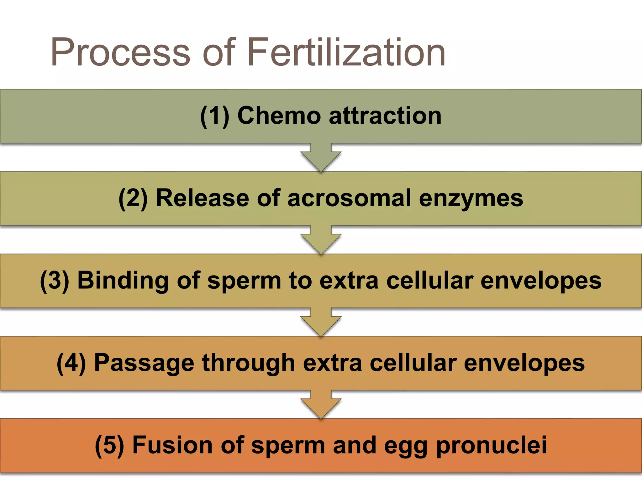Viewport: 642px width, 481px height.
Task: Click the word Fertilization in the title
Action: pos(346,52)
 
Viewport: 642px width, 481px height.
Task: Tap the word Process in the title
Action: pos(121,52)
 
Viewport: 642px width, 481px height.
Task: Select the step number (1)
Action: pos(215,116)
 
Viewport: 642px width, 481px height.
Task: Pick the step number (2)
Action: pos(133,198)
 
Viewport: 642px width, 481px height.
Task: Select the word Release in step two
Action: pos(203,198)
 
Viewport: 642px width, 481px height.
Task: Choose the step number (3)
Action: pos(55,281)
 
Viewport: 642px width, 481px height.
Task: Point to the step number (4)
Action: pos(71,363)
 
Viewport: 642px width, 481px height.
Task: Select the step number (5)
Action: pos(109,445)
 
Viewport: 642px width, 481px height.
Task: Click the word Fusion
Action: pos(173,445)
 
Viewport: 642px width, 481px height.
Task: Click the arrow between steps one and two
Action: pos(321,157)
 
